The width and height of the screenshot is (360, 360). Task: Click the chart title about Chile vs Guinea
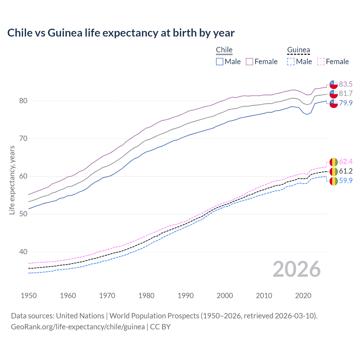[121, 33]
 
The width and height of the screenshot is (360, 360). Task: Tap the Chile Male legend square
[220, 62]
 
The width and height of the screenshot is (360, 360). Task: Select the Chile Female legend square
[249, 62]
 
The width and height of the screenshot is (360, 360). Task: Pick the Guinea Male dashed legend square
[291, 62]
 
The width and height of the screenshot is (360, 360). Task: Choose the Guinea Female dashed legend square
[321, 62]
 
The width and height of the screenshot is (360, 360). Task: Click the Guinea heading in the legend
[298, 50]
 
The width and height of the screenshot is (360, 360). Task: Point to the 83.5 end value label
[346, 84]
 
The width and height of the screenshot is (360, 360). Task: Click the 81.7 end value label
[346, 93]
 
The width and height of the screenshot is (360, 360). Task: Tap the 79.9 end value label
[346, 103]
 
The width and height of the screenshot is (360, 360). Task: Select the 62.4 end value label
[346, 161]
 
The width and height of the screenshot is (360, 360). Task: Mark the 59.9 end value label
[346, 181]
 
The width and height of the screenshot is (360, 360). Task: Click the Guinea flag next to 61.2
[334, 171]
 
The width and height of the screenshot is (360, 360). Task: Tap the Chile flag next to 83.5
[334, 84]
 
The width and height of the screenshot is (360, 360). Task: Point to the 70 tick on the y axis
[23, 138]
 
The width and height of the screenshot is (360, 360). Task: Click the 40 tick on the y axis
[23, 252]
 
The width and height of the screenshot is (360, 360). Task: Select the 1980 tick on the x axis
[146, 296]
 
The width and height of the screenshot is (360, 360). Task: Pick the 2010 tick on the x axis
[264, 296]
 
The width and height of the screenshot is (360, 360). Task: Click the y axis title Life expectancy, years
[12, 180]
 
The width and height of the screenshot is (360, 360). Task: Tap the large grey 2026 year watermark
[296, 269]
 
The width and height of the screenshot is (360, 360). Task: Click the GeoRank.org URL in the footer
[78, 327]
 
